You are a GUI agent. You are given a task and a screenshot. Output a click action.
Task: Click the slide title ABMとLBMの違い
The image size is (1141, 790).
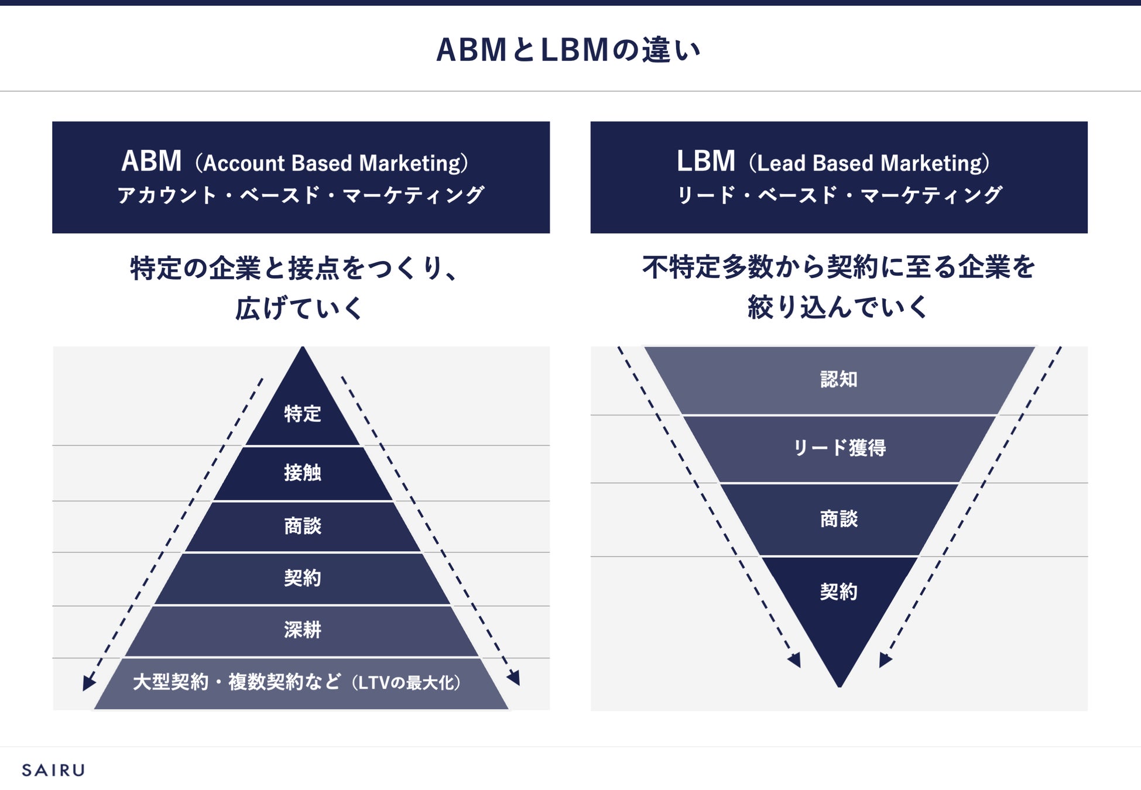click(568, 50)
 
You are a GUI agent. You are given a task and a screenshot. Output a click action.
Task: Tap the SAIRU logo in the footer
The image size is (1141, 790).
click(53, 770)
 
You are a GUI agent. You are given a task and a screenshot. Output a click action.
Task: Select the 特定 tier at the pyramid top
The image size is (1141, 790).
click(303, 414)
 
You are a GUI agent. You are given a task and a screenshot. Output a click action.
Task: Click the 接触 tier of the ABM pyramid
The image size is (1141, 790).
click(303, 473)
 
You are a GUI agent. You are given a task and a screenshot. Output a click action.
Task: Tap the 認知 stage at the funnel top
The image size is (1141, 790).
click(839, 380)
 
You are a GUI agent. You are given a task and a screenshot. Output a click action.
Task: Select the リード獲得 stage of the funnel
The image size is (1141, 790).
click(839, 448)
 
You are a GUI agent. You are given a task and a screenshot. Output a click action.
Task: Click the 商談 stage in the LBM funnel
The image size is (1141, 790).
click(839, 519)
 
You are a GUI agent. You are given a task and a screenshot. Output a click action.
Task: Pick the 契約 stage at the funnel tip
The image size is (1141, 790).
click(839, 592)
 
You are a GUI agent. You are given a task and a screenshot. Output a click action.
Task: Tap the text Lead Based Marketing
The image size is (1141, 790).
click(872, 163)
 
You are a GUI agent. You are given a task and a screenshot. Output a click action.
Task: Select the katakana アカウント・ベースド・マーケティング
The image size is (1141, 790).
click(301, 195)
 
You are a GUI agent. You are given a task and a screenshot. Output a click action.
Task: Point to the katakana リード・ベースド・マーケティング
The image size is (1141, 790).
click(839, 195)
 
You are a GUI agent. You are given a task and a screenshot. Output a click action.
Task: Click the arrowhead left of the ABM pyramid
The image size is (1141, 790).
click(88, 683)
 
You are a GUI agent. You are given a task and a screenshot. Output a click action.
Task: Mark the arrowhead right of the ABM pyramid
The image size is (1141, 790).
click(514, 678)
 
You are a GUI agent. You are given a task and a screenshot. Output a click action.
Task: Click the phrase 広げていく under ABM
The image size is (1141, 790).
click(299, 308)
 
